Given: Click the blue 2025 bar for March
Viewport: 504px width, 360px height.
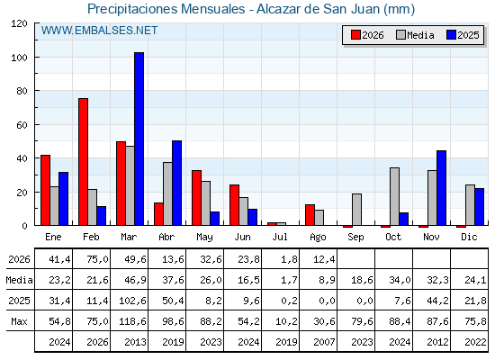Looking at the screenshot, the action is pos(139,139).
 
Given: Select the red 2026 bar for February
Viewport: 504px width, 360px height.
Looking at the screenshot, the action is pos(83,162).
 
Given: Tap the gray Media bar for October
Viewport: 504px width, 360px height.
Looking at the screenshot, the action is pos(395,196).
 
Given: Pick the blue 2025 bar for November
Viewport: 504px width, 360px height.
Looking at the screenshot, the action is pos(441,188).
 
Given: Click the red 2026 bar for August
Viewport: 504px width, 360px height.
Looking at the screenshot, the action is pos(310,215).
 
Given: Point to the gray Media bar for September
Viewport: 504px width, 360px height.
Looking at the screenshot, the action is pos(356,210).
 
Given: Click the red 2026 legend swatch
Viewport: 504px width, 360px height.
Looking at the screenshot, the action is pos(355,35).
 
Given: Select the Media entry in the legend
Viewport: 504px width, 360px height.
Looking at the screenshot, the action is pos(415,35).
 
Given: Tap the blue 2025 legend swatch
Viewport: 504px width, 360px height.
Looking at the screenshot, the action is pos(451,35).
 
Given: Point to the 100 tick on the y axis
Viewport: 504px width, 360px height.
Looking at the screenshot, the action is pos(36,58).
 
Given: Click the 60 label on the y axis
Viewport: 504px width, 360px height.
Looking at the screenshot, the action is pos(22,125).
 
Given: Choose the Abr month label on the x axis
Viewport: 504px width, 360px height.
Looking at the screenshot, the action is pos(166,237).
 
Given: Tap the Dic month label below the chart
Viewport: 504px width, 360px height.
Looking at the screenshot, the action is pos(469,237).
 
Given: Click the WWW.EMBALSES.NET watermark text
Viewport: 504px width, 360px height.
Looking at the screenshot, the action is pos(99,31).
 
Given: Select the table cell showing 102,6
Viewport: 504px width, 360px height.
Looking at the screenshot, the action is pos(133,301).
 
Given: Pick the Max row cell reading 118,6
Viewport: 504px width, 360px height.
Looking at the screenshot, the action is pos(133,321).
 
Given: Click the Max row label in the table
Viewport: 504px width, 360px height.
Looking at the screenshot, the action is pos(19,321).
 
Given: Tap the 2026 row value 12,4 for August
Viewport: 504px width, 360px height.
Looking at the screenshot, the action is pos(324,259).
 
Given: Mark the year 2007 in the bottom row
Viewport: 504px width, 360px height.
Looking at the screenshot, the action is pos(324,342).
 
